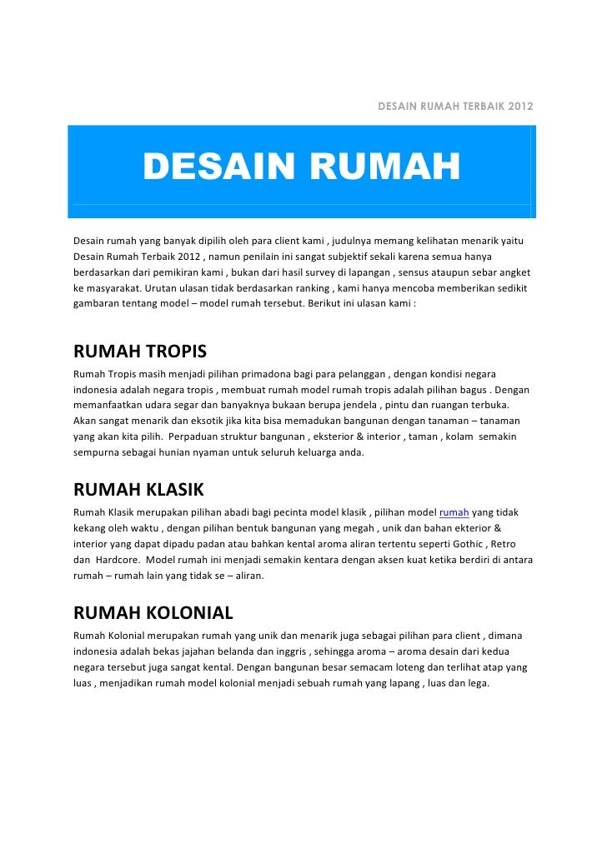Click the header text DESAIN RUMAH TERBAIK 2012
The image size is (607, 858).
455,107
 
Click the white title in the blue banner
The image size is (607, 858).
301,166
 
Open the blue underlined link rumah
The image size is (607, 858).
454,511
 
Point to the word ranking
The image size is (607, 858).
303,287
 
